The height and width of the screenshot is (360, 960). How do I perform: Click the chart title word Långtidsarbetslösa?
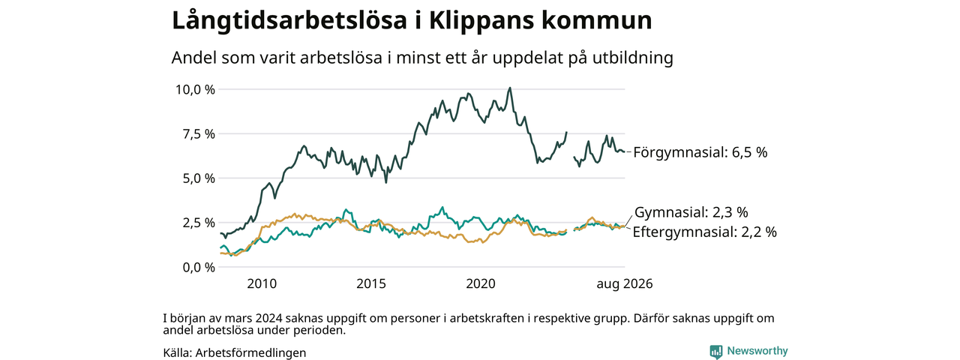pos(289,20)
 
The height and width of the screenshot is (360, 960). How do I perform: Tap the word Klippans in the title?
pos(481,20)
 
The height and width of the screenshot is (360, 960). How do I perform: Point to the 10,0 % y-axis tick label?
pos(194,89)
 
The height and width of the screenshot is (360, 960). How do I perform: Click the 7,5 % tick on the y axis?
pos(199,134)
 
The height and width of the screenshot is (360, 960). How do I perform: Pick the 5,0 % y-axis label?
pos(199,178)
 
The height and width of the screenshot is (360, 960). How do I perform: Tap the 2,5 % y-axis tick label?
pos(199,223)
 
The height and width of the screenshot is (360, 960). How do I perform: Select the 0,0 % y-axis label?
pos(199,268)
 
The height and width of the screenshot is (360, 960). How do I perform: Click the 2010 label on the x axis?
pos(262,283)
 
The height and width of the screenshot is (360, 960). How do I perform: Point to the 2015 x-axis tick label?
pos(371,283)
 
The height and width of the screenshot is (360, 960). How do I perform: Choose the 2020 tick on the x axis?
pos(481,283)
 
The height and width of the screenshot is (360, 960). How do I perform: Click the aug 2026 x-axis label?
pos(625,283)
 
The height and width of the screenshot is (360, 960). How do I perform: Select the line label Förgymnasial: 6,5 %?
pos(700,152)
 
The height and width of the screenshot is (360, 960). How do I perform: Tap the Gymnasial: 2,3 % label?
pos(691,212)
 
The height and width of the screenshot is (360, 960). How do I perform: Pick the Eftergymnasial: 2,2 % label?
pos(704,232)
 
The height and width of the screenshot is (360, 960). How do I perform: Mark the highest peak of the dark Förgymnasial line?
pos(509,88)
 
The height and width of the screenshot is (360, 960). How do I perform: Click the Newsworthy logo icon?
pos(715,352)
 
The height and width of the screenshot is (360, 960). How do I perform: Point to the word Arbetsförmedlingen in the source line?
pos(250,352)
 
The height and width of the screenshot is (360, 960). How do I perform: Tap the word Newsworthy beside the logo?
pos(757,351)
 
